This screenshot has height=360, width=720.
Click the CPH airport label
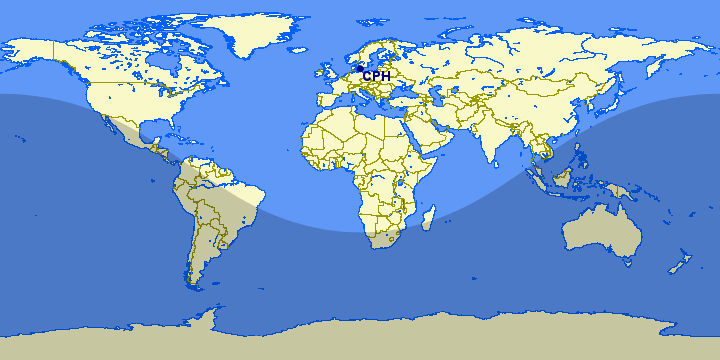[x=376, y=76]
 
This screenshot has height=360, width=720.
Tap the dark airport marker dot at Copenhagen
[x=358, y=69]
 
